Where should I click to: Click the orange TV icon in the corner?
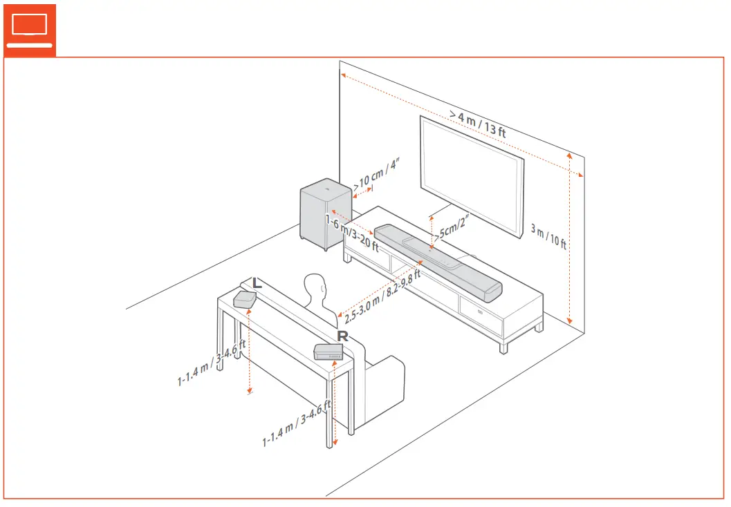click(30, 28)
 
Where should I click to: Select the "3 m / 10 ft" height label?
click(548, 236)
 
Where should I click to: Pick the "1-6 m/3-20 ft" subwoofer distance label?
click(352, 231)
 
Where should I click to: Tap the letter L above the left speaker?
click(257, 283)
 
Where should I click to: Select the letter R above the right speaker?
click(342, 336)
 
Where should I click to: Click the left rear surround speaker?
click(245, 299)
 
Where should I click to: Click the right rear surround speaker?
click(329, 352)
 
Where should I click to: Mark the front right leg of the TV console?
click(504, 345)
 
